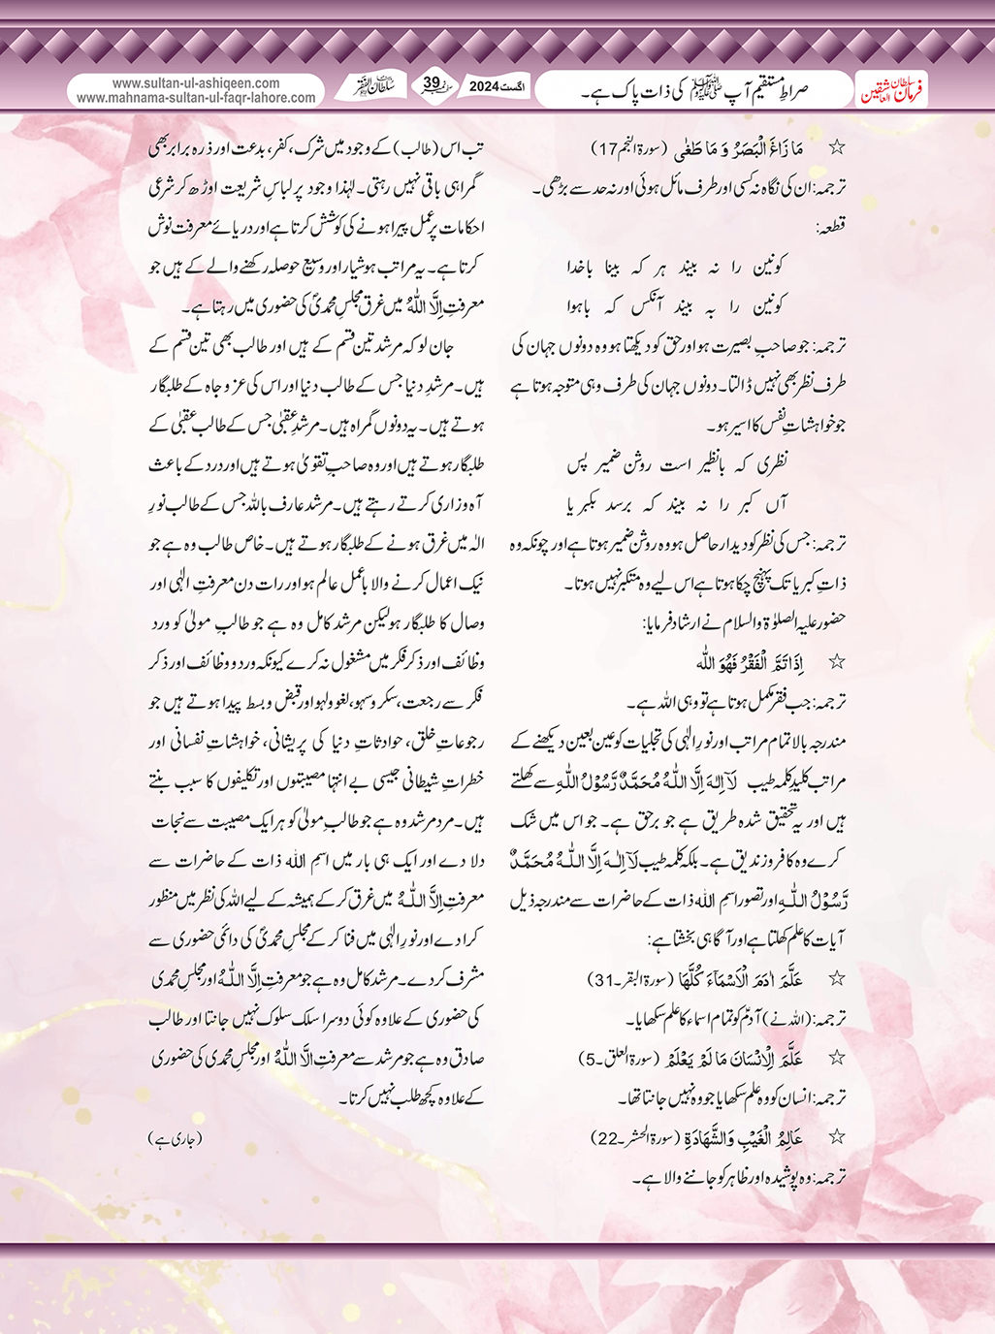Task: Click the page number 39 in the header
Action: click(x=433, y=84)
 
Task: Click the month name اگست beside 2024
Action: click(x=518, y=86)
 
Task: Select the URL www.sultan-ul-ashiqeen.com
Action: click(x=196, y=83)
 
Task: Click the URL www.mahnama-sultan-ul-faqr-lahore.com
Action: click(x=196, y=98)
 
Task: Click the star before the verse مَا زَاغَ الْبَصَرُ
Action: click(x=836, y=148)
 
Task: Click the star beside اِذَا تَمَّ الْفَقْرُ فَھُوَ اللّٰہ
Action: click(x=836, y=663)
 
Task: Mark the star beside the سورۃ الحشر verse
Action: click(x=836, y=1137)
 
